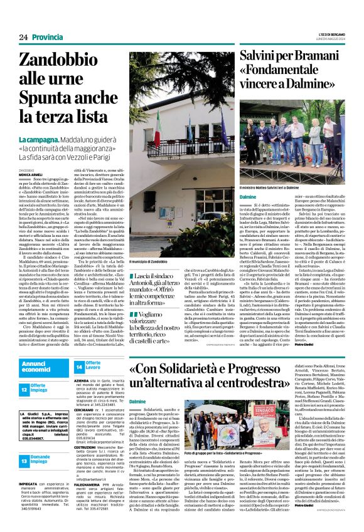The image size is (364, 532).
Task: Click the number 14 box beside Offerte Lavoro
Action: (78, 367)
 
